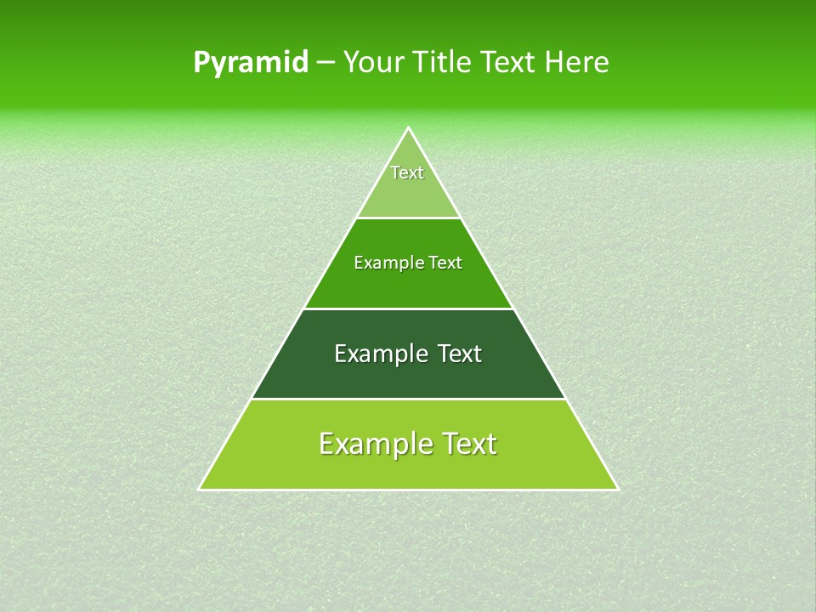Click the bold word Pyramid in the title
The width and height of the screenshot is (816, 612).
251,63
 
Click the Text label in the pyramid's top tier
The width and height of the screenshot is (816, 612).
407,173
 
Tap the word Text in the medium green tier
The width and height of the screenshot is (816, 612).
445,263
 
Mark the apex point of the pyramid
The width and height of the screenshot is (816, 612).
408,128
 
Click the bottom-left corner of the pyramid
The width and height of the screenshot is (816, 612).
199,490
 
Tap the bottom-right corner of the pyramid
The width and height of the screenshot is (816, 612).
618,490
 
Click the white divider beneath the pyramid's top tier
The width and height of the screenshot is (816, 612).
408,218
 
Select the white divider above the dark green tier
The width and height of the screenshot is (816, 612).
408,309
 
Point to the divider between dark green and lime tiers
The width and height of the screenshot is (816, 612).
408,399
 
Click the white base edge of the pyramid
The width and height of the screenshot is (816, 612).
408,490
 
